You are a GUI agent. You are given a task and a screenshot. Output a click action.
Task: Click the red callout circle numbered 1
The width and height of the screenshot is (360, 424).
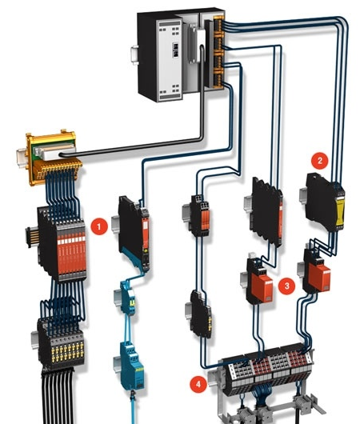[99, 226]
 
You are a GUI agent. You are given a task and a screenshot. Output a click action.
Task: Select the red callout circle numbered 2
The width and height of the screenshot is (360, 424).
[319, 161]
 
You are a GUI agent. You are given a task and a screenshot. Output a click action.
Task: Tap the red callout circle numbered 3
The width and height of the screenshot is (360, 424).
[286, 286]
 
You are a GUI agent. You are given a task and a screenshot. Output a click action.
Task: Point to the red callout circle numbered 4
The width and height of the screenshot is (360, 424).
[198, 383]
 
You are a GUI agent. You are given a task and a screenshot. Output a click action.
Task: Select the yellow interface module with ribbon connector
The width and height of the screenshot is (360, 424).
[51, 158]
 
